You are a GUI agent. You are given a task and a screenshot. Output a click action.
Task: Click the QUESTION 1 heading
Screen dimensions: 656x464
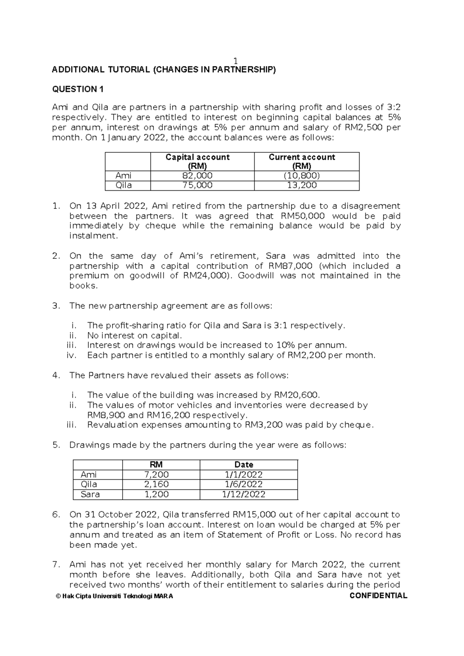click(x=78, y=89)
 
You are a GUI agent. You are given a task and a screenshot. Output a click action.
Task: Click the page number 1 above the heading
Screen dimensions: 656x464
click(x=235, y=61)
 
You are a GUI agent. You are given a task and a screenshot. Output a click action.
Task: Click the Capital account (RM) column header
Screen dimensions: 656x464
click(x=197, y=161)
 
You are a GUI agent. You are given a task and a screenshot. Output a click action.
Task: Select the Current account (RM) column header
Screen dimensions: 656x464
click(x=302, y=161)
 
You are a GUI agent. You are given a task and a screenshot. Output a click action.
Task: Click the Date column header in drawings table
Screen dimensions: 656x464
click(x=244, y=465)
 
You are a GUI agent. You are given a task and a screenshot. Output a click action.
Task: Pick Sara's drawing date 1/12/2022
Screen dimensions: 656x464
click(x=244, y=494)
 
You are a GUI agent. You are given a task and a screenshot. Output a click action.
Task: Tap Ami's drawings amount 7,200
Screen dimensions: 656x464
click(x=156, y=475)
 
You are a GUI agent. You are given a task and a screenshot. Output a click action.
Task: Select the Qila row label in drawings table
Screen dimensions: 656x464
click(x=89, y=485)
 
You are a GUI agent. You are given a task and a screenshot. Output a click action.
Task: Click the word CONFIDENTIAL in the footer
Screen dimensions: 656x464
click(x=378, y=596)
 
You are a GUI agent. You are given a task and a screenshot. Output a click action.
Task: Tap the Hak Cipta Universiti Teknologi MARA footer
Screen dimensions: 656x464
click(x=114, y=596)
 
